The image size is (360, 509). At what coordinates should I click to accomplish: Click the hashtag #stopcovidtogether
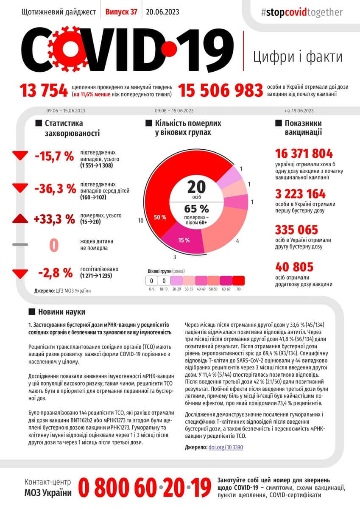302,12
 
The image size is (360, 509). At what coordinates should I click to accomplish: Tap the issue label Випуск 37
121,12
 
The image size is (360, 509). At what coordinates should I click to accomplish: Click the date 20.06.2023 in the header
162,12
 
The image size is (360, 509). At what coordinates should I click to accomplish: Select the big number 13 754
43,90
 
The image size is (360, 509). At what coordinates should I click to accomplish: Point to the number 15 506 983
220,90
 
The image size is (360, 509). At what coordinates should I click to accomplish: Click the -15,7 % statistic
54,156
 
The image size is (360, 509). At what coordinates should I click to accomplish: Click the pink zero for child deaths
54,246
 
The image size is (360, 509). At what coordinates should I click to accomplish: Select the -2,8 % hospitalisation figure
55,273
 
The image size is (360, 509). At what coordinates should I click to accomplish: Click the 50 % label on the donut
160,217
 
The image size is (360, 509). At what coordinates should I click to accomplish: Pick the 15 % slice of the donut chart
184,240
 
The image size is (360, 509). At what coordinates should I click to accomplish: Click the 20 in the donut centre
196,187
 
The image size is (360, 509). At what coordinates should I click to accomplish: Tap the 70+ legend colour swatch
238,280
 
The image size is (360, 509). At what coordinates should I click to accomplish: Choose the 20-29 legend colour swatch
177,280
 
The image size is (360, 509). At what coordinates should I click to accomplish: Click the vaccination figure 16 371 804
304,154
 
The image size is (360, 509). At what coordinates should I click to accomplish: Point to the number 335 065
296,230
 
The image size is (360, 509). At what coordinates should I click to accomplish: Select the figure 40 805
294,267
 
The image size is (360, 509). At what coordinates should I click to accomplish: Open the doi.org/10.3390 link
226,447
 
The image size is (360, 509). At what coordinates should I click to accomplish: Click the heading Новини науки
61,312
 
